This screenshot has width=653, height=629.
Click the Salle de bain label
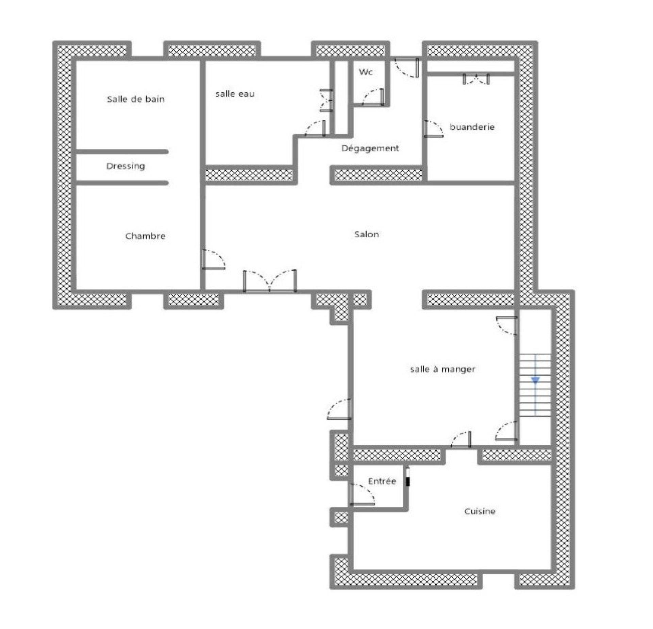point(136,99)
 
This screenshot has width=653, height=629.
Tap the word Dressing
point(125,166)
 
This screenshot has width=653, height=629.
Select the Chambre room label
point(146,236)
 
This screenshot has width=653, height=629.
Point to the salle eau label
point(235,94)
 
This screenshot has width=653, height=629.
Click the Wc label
point(366,72)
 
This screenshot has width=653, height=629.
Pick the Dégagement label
point(370,149)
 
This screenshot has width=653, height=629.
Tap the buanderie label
point(472,127)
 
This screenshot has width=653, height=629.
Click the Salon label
point(367,234)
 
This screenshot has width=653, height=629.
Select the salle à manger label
point(442,369)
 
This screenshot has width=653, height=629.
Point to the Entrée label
point(382,481)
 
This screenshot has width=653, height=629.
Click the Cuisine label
point(480,511)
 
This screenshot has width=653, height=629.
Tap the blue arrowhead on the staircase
point(535,380)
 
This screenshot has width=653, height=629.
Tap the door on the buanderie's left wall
point(434,129)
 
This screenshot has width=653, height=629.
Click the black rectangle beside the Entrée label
point(408,482)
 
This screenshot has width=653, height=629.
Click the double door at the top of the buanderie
point(476,79)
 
